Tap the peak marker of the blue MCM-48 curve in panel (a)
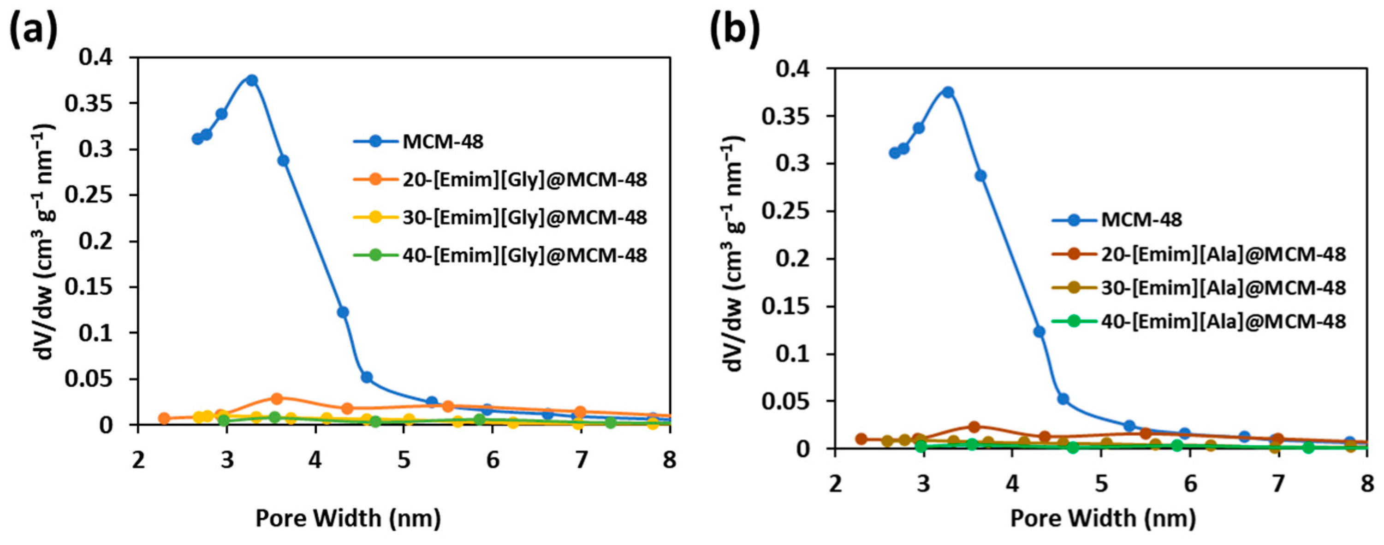pyautogui.click(x=251, y=80)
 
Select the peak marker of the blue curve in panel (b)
pyautogui.click(x=948, y=92)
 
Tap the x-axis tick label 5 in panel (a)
pyautogui.click(x=404, y=460)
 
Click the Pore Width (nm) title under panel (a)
pyautogui.click(x=348, y=518)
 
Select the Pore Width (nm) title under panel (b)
pyautogui.click(x=1103, y=518)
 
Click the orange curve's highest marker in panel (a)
pyautogui.click(x=277, y=398)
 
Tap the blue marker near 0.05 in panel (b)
pyautogui.click(x=1059, y=399)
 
